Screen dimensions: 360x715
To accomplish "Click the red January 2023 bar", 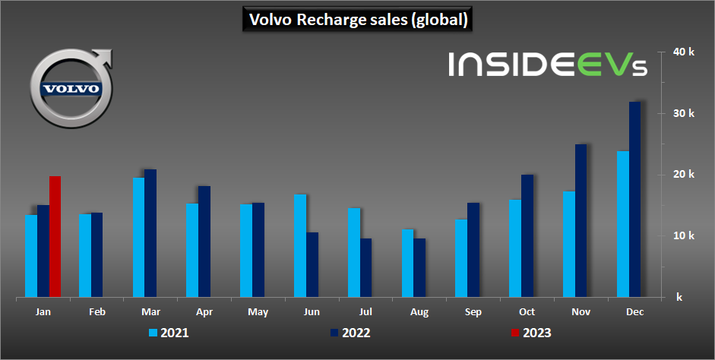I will pos(55,236).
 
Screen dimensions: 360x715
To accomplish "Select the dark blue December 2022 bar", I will pos(634,199).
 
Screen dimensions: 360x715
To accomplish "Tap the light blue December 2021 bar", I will pos(622,224).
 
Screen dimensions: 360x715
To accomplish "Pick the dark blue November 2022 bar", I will pos(581,220).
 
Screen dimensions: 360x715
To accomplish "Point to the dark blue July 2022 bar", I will pos(366,267).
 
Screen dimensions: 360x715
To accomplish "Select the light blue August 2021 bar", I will pos(408,263).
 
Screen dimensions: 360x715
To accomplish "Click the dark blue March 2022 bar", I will pos(150,233).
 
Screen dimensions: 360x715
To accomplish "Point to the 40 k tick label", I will pos(685,52).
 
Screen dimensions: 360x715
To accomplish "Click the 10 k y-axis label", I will pos(685,235).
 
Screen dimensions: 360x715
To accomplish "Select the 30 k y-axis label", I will pos(685,113).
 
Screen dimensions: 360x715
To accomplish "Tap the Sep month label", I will pos(473,312).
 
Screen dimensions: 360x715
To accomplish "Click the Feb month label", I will pos(96,312).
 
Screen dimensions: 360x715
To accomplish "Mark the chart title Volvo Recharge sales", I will pos(358,20).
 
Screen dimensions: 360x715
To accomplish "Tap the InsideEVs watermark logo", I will pos(547,65).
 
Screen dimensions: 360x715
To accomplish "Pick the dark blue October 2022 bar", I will pos(527,235).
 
